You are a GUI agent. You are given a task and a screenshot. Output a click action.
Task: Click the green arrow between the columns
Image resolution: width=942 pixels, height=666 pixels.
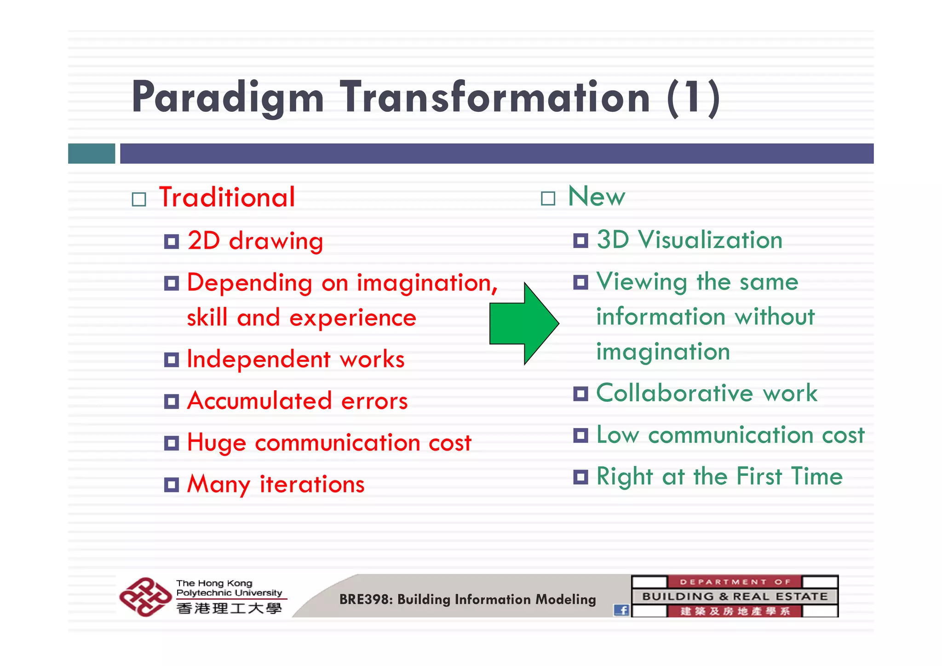click(x=522, y=324)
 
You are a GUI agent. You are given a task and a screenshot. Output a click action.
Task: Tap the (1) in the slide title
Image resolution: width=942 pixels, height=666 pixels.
click(x=693, y=98)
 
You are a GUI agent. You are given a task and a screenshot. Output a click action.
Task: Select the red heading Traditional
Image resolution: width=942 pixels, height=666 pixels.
click(x=227, y=197)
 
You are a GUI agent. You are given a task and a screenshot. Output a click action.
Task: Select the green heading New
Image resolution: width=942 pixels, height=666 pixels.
click(x=597, y=197)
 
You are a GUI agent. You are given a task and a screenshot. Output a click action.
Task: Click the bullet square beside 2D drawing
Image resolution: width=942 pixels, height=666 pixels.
click(x=172, y=241)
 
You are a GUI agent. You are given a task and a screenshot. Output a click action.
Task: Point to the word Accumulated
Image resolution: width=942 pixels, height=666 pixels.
click(x=259, y=401)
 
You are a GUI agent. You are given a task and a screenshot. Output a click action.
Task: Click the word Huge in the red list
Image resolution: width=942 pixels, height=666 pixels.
click(x=216, y=443)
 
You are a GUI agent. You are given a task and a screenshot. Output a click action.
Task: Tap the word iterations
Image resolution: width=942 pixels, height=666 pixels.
click(x=312, y=485)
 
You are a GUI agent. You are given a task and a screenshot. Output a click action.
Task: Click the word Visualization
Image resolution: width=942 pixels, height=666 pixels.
click(x=710, y=240)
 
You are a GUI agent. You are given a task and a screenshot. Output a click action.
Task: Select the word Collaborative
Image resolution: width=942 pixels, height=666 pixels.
click(x=674, y=394)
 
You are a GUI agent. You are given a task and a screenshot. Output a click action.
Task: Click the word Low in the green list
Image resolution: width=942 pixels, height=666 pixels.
click(x=617, y=435)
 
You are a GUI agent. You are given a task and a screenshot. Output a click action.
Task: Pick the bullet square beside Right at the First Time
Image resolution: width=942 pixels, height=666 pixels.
click(x=580, y=477)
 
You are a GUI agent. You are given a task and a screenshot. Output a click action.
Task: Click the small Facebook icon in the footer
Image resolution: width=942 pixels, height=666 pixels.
click(x=621, y=610)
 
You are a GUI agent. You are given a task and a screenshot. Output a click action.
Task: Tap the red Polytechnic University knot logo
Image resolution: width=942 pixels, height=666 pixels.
click(x=144, y=597)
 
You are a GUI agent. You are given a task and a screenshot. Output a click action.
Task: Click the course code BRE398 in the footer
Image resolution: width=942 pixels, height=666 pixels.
click(x=365, y=599)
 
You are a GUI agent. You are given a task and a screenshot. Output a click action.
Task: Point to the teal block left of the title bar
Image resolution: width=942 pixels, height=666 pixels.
click(x=92, y=153)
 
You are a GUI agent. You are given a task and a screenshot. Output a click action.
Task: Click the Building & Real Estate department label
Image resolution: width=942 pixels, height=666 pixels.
click(x=735, y=597)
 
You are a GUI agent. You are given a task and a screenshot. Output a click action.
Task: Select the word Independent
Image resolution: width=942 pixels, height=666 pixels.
click(x=258, y=359)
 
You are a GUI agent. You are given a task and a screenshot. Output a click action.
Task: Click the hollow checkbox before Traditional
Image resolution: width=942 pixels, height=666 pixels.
click(x=139, y=199)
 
